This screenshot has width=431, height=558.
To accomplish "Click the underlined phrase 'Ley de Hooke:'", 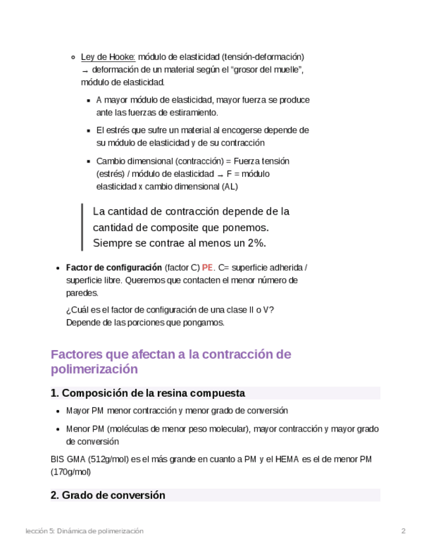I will point(108,57).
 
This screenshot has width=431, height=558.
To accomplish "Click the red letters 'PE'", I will point(207,268).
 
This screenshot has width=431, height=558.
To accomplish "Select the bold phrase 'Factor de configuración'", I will point(114,268).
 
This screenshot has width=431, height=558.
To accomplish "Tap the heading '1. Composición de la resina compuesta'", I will point(148,393).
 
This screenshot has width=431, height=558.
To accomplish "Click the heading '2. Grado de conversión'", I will point(108,495).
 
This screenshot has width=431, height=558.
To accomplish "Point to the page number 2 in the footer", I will point(403,531).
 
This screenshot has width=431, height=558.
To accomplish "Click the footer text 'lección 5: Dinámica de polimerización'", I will point(84,531).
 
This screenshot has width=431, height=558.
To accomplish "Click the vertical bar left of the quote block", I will point(82,227).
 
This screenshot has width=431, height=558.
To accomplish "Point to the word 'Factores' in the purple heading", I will point(80,354).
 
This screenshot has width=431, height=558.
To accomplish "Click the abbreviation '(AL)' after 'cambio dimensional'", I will point(230,186).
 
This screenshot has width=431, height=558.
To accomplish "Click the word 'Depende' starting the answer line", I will point(82,322).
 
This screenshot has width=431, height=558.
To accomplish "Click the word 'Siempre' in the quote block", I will point(113,243).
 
